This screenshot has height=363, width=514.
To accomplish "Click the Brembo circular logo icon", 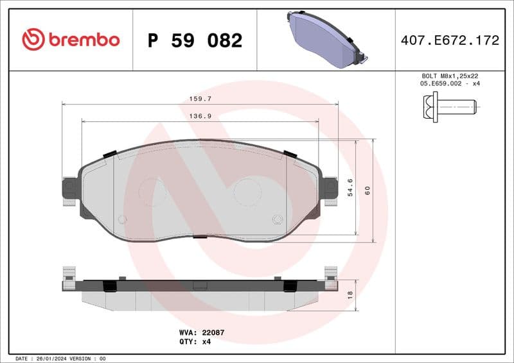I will click(x=33, y=40).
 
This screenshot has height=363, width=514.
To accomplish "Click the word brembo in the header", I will click(x=83, y=40).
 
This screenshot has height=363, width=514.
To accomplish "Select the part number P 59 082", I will click(x=195, y=40).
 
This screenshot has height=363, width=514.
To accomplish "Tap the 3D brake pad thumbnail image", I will click(x=325, y=39).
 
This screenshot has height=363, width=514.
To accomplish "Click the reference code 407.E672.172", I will click(x=450, y=40).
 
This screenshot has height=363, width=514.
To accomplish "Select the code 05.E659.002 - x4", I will click(x=450, y=84).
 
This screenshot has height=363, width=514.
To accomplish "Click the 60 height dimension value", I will click(x=367, y=190).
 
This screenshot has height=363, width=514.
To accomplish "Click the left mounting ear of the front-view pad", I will click(x=69, y=189).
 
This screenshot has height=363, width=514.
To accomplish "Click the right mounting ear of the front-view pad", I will click(x=330, y=189).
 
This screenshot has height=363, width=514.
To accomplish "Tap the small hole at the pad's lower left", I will click(x=122, y=219).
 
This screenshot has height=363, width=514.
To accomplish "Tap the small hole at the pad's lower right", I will click(x=278, y=219).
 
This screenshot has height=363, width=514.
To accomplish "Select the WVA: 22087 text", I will click(x=201, y=333).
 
